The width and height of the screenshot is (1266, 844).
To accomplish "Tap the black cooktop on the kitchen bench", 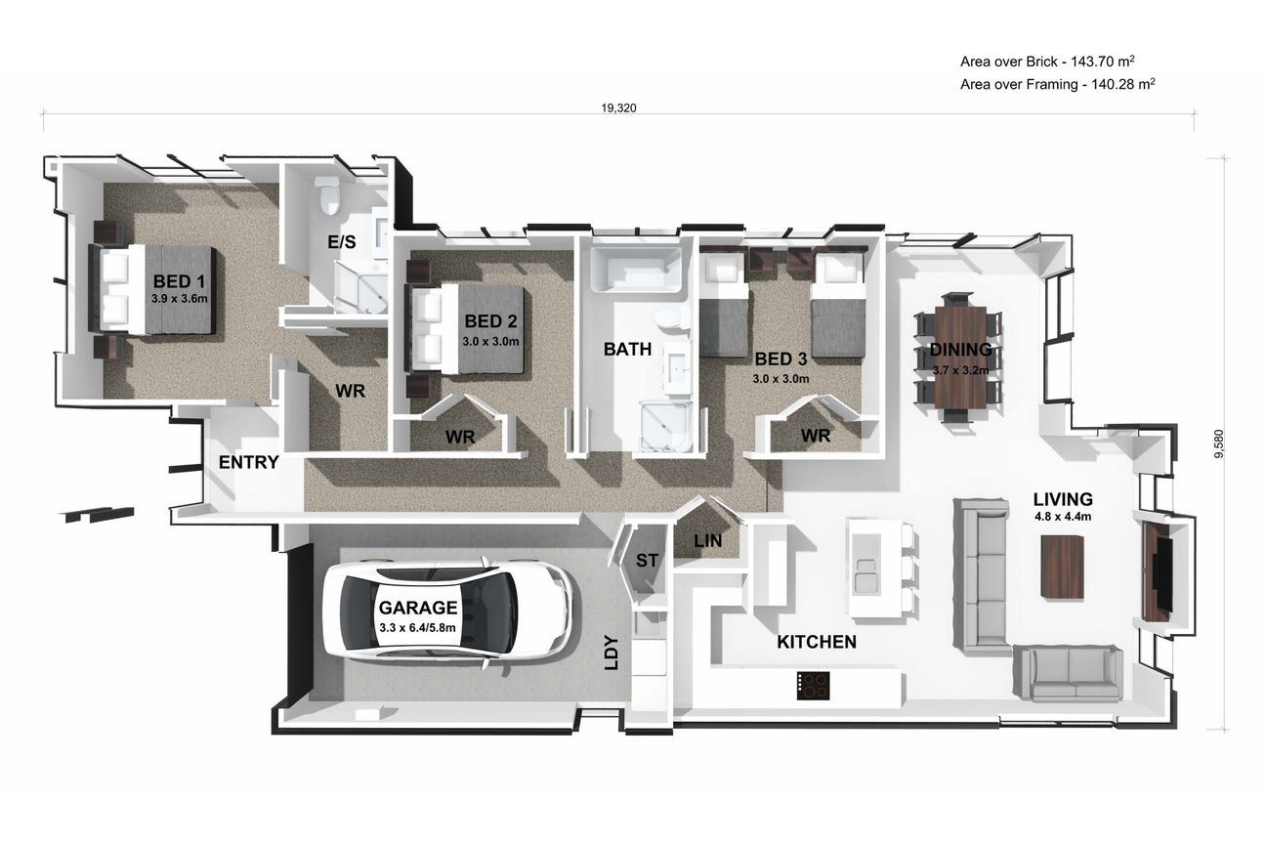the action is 813,685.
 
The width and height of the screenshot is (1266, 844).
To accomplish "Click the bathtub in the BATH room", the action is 636,269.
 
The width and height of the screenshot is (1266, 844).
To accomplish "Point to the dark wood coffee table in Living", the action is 1063,567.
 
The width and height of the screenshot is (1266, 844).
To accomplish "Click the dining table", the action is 961,358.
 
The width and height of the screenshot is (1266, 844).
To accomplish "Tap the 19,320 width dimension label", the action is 618,108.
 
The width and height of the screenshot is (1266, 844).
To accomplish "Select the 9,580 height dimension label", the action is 1219,443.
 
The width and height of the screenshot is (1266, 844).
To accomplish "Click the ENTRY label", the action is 249,462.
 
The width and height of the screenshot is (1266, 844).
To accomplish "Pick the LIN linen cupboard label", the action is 707,541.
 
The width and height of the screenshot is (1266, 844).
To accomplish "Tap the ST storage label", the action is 647,561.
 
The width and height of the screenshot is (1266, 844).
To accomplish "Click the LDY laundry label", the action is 612,653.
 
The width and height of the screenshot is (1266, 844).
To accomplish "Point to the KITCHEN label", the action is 817,642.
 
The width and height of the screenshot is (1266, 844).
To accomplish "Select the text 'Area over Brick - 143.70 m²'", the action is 1048,62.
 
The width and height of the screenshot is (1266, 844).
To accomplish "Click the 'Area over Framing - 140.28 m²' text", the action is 1058,84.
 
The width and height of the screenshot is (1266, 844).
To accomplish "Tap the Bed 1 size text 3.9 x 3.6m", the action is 179,299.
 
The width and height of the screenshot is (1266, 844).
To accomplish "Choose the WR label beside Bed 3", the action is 816,436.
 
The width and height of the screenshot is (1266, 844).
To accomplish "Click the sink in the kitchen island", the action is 865,573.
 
